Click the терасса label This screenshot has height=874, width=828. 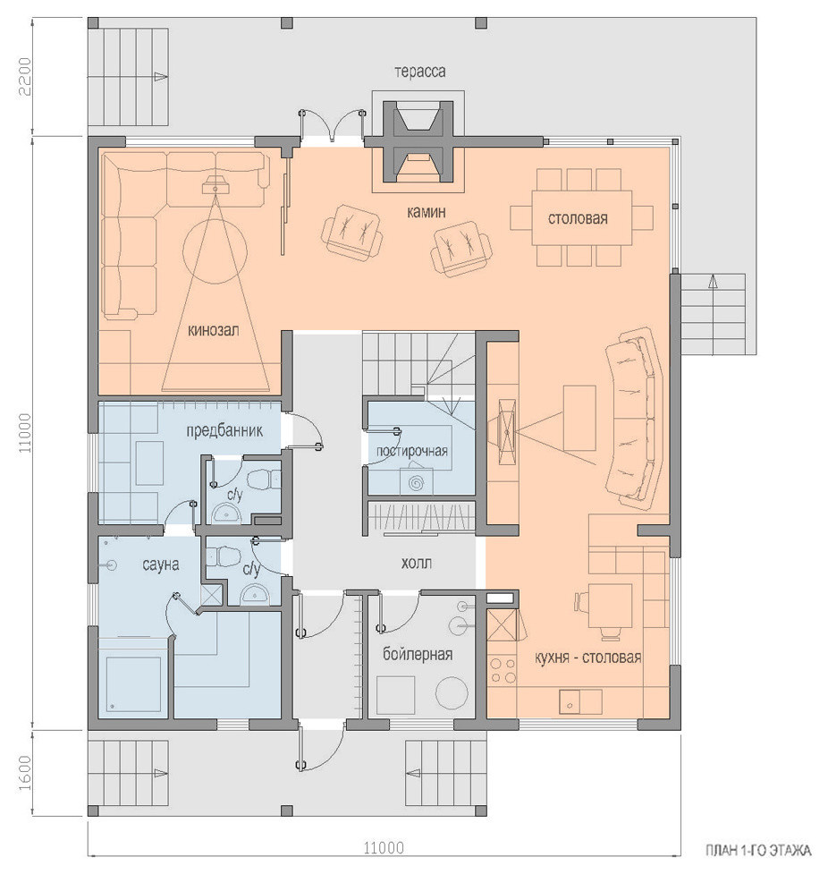pyautogui.click(x=419, y=72)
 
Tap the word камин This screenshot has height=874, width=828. pyautogui.click(x=426, y=212)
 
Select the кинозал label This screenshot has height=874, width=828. pyautogui.click(x=214, y=330)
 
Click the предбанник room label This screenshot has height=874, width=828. pyautogui.click(x=224, y=431)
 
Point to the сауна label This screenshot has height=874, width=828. pyautogui.click(x=160, y=564)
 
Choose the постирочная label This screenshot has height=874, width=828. pyautogui.click(x=412, y=450)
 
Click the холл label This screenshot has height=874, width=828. pyautogui.click(x=416, y=563)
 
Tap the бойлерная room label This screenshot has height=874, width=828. pyautogui.click(x=418, y=654)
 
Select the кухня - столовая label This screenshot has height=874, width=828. pyautogui.click(x=587, y=658)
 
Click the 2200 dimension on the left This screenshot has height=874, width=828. pyautogui.click(x=26, y=76)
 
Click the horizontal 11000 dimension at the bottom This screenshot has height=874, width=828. pyautogui.click(x=384, y=848)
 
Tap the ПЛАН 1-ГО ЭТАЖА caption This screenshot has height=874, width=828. pyautogui.click(x=758, y=851)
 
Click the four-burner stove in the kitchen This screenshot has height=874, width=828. pyautogui.click(x=502, y=671)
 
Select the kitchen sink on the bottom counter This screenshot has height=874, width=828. pyautogui.click(x=580, y=701)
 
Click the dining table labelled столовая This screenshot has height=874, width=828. pyautogui.click(x=582, y=218)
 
